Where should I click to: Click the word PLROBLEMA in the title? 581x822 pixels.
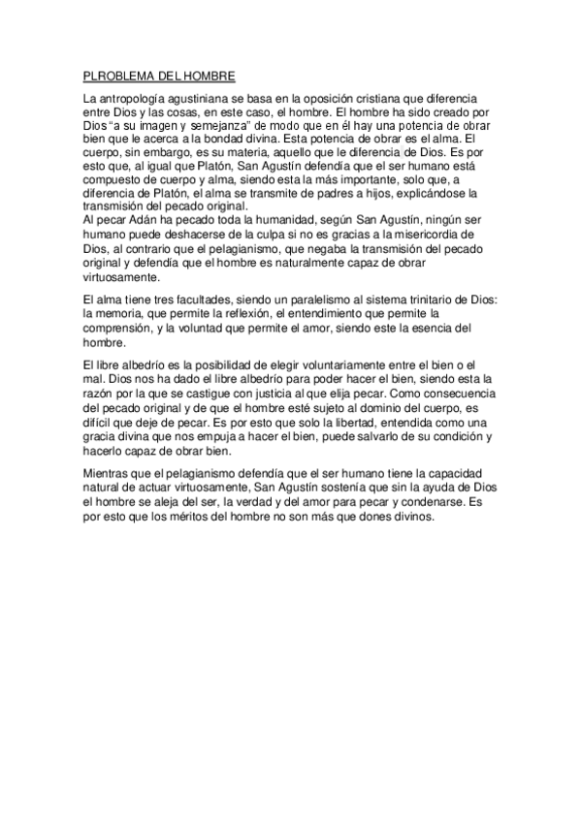click(x=113, y=74)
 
